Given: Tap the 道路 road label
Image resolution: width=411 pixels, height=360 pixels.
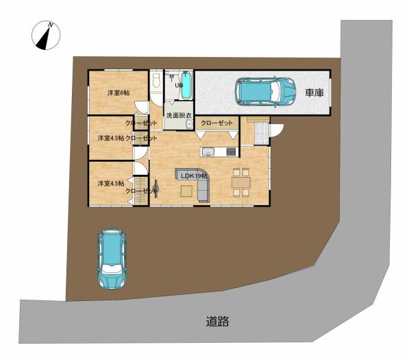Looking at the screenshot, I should click(x=217, y=321).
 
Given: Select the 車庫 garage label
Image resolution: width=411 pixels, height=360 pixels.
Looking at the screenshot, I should click(x=314, y=93).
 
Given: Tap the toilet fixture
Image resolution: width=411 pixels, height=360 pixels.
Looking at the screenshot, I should click(x=156, y=82).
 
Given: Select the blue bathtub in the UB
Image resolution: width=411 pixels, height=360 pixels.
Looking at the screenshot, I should click(x=187, y=86).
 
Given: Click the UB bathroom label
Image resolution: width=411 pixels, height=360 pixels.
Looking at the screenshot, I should click(x=178, y=85).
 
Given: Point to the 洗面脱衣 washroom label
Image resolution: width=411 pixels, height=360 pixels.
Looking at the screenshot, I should click(x=179, y=115).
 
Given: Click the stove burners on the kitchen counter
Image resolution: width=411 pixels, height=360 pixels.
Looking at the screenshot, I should click(x=231, y=152).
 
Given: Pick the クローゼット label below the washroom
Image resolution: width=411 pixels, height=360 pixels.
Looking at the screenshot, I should click(x=216, y=123).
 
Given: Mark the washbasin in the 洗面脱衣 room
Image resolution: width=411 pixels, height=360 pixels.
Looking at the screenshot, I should click(x=189, y=124).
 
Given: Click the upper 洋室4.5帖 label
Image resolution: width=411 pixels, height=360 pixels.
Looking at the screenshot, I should click(x=110, y=138).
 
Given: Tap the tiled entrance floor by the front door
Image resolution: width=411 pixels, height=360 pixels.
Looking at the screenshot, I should click(x=261, y=133).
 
